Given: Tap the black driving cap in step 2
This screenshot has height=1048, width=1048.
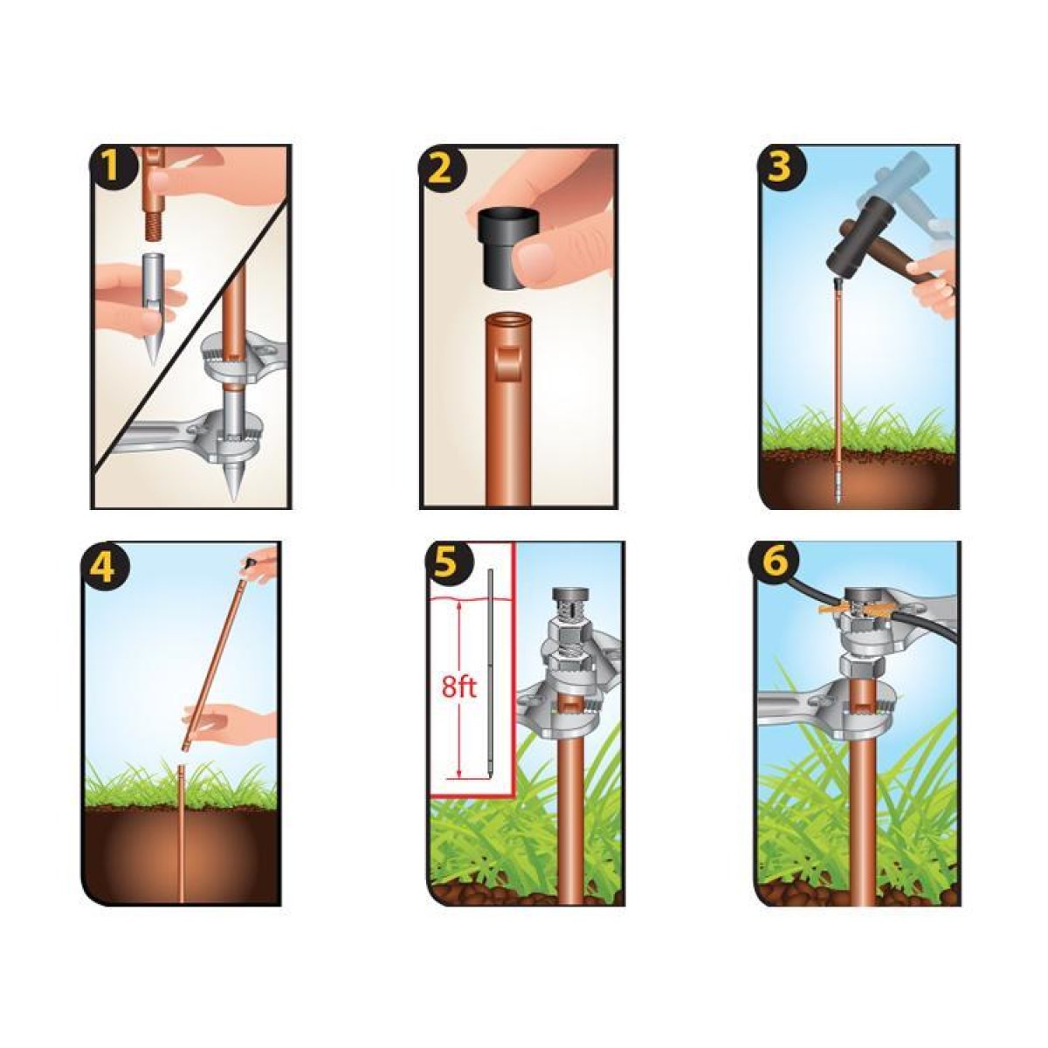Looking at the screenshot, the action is [507, 250].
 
